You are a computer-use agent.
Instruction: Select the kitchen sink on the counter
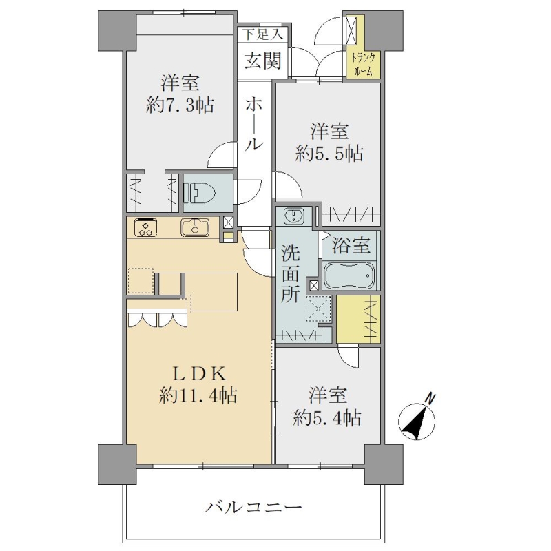point(195,227)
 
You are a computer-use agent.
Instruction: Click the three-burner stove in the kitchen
point(145,227)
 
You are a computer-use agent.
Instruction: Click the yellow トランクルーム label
point(363,64)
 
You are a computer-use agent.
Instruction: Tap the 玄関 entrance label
point(263,61)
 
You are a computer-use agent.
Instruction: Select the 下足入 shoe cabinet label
point(263,35)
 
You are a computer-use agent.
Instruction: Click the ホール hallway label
point(253,124)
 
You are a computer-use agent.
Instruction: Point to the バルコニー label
point(253,508)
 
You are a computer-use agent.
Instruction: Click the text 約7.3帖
point(180,105)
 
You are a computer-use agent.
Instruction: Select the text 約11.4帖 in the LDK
point(198,395)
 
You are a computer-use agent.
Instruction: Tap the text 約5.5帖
point(329,153)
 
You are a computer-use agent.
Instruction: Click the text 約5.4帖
point(327,418)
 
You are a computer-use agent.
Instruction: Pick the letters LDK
point(199,374)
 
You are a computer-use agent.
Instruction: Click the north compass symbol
point(417,422)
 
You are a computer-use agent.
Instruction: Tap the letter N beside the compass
point(430,399)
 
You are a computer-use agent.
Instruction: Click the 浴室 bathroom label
point(351,245)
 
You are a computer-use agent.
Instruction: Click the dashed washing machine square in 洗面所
point(319,309)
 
